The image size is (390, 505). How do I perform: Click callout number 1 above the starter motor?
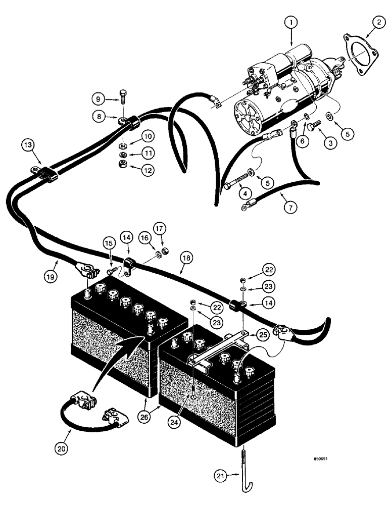pos(292,23)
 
